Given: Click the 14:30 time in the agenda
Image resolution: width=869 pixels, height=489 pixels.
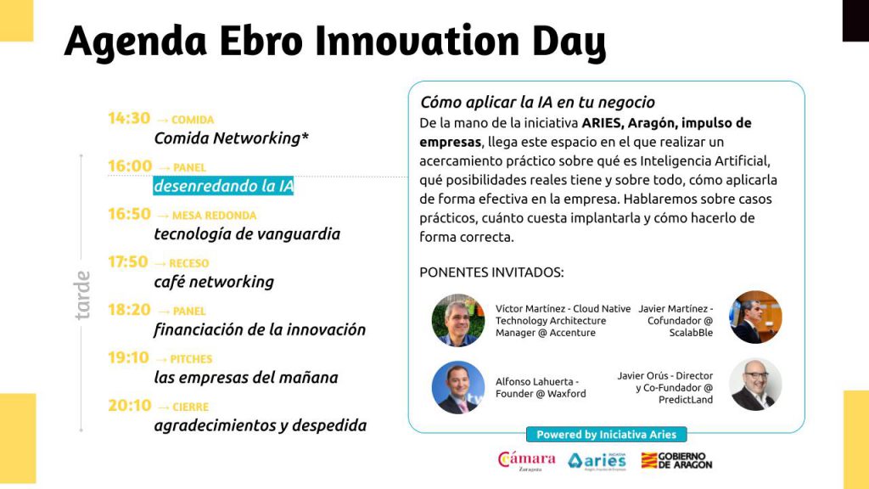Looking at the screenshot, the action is pyautogui.click(x=129, y=118).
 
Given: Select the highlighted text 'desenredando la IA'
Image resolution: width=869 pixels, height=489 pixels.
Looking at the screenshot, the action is pyautogui.click(x=223, y=186).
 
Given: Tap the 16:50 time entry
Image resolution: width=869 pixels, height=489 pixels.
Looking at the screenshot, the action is pyautogui.click(x=129, y=214).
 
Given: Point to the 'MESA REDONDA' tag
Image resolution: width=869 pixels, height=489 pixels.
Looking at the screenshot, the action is pyautogui.click(x=215, y=215).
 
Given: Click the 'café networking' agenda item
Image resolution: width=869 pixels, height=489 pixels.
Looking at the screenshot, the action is pyautogui.click(x=214, y=282).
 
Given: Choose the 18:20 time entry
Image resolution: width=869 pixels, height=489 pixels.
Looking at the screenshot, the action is pyautogui.click(x=129, y=309).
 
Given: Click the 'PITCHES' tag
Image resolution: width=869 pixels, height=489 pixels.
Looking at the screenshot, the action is pyautogui.click(x=191, y=359).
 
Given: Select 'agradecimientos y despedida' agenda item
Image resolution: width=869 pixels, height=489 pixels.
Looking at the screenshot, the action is pyautogui.click(x=261, y=425).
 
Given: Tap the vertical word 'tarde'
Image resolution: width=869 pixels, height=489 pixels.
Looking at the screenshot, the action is pyautogui.click(x=82, y=295).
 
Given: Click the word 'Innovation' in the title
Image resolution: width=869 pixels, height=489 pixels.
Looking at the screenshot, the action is pyautogui.click(x=418, y=41).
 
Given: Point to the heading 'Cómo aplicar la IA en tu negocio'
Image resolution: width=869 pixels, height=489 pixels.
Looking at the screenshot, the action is pyautogui.click(x=537, y=102).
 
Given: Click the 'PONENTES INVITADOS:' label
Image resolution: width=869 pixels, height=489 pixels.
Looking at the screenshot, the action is pyautogui.click(x=491, y=273).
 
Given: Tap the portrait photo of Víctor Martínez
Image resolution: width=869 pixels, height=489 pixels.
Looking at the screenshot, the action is pyautogui.click(x=457, y=320).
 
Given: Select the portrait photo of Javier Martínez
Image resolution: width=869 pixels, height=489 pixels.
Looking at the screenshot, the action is pyautogui.click(x=754, y=318).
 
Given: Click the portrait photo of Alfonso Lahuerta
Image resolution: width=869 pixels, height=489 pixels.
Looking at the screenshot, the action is pyautogui.click(x=457, y=387).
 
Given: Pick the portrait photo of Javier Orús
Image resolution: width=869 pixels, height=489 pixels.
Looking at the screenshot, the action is pyautogui.click(x=754, y=385).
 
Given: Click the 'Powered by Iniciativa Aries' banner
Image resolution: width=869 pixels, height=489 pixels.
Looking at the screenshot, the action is pyautogui.click(x=606, y=435).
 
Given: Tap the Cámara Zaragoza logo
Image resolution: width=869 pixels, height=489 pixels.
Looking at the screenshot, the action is pyautogui.click(x=526, y=461).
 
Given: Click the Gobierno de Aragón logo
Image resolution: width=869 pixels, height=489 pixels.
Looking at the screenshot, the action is pyautogui.click(x=676, y=460).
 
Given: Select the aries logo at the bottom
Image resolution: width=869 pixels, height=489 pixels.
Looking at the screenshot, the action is pyautogui.click(x=597, y=461).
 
